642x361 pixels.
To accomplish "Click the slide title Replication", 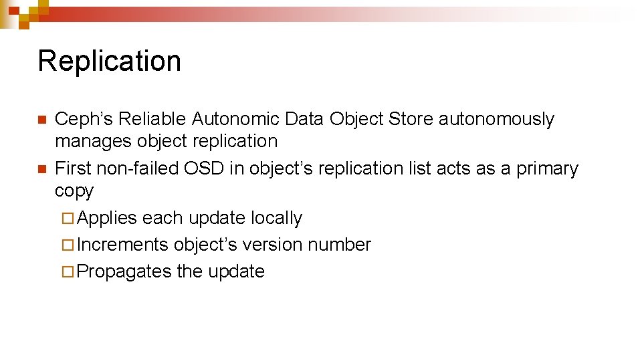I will [x=109, y=61].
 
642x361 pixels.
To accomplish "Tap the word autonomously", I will [x=496, y=120].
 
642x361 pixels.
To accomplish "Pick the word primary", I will [x=547, y=169].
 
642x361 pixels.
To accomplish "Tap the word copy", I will [x=74, y=191].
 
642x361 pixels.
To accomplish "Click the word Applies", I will [x=107, y=219].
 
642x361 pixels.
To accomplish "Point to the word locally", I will [x=276, y=219].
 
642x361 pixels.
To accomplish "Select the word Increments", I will [x=122, y=245].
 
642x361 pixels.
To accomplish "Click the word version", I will [x=272, y=245].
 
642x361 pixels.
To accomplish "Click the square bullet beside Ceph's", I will [x=41, y=120].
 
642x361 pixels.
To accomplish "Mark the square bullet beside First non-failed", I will [x=41, y=169].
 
